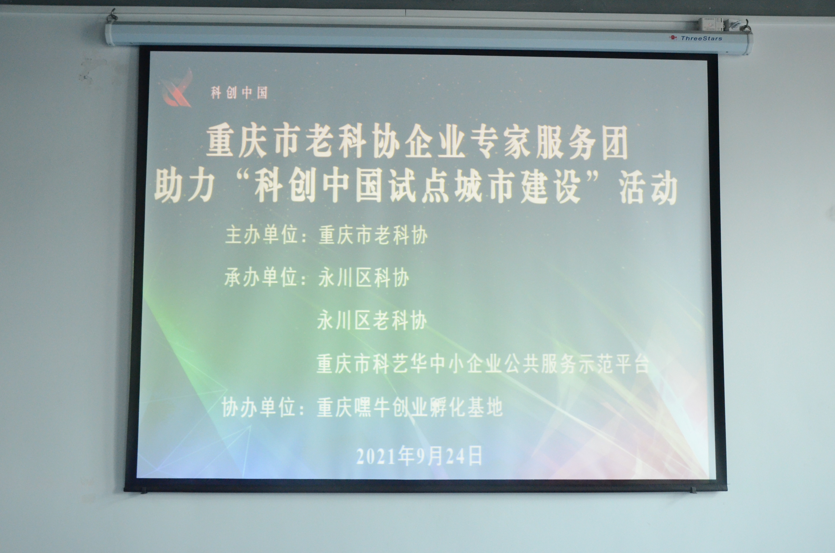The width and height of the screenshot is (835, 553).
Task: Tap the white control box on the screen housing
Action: [x=711, y=24]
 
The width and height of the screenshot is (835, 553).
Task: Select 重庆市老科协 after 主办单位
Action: [x=373, y=235]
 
